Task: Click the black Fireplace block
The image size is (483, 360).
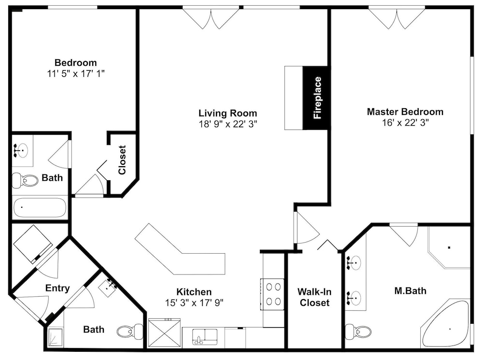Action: point(317,98)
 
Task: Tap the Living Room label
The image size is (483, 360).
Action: point(227,113)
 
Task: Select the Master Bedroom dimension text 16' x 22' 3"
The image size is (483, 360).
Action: point(405,123)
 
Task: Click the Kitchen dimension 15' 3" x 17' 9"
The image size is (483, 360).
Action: point(194,302)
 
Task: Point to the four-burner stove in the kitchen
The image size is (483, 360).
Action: point(272,294)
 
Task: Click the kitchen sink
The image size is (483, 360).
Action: point(205,337)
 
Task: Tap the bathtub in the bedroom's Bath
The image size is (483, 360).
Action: point(40,207)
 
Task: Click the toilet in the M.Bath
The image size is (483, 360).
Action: point(358,332)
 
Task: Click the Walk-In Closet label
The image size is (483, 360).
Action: point(314,297)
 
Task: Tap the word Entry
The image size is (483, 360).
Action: point(57,288)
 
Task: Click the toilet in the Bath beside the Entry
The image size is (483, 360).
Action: point(129,331)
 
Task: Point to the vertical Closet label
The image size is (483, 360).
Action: point(122,159)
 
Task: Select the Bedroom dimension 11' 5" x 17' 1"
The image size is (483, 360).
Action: point(76,73)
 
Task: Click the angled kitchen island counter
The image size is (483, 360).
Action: point(180,252)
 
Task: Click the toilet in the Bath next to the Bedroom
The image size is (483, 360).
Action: point(25,180)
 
